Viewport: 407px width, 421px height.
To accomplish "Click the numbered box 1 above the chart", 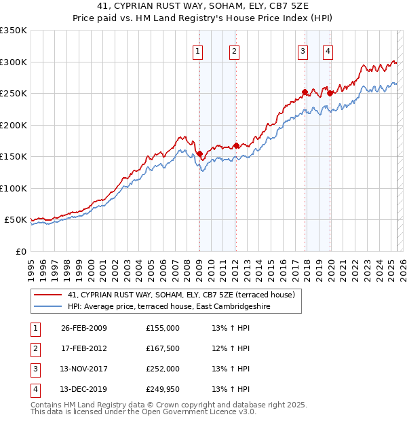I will (197, 51).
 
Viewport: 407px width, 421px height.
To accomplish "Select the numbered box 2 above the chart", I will (233, 51).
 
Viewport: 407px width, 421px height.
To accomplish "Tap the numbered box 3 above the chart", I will (303, 51).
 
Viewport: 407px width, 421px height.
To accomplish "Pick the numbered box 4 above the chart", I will (328, 51).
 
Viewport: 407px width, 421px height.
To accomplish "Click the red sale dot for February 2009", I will (199, 153).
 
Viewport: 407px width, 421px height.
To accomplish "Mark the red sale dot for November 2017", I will (305, 92).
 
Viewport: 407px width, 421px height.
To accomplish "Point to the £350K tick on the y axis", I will (14, 31).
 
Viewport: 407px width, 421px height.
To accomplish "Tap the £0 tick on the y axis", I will (20, 251).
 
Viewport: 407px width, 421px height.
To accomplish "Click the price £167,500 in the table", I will (162, 348).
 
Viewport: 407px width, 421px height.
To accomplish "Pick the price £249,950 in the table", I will (162, 389).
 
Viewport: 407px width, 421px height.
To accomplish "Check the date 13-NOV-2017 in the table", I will (84, 369).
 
